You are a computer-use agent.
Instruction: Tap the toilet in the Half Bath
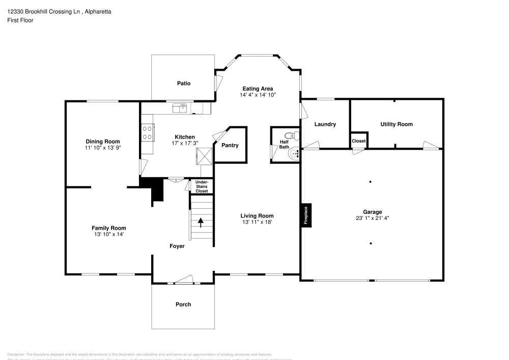pyautogui.click(x=291, y=136)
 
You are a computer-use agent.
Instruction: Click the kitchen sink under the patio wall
pyautogui.click(x=180, y=107)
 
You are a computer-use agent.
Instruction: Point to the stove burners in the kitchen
pyautogui.click(x=148, y=133)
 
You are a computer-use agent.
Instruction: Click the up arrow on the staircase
pyautogui.click(x=201, y=222)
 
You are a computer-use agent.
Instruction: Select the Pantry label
pyautogui.click(x=230, y=146)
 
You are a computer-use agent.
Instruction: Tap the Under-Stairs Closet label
pyautogui.click(x=202, y=186)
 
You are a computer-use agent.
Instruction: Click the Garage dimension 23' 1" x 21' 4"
pyautogui.click(x=372, y=218)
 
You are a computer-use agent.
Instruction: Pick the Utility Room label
pyautogui.click(x=397, y=124)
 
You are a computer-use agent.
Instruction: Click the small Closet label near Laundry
pyautogui.click(x=358, y=141)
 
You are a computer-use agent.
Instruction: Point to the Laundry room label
pyautogui.click(x=325, y=124)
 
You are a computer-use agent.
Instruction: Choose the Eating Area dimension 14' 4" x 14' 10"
pyautogui.click(x=258, y=95)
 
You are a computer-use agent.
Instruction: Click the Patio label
pyautogui.click(x=184, y=84)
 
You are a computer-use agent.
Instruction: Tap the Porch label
pyautogui.click(x=183, y=304)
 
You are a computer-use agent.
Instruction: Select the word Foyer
pyautogui.click(x=177, y=246)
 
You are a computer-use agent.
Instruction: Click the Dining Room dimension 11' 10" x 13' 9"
pyautogui.click(x=102, y=147)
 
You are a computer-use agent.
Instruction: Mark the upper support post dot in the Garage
pyautogui.click(x=371, y=182)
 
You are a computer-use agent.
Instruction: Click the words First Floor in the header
pyautogui.click(x=20, y=20)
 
